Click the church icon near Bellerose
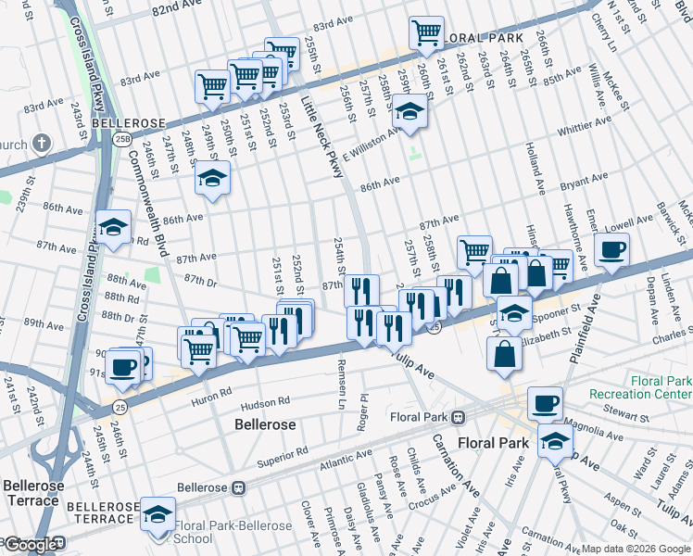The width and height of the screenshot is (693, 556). click(x=41, y=143)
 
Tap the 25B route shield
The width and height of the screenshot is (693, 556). click(x=122, y=138)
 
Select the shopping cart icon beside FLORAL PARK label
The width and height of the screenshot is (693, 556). click(x=426, y=32)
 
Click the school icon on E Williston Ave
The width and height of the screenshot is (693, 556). click(x=408, y=113)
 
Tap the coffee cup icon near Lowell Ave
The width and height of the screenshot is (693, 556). click(x=612, y=249)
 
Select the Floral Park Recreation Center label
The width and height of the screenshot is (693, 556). click(x=639, y=388)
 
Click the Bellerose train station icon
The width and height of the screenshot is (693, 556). click(x=237, y=486)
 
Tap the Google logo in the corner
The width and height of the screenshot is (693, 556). click(x=31, y=546)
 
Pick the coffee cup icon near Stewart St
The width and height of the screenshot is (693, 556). click(x=545, y=403)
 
